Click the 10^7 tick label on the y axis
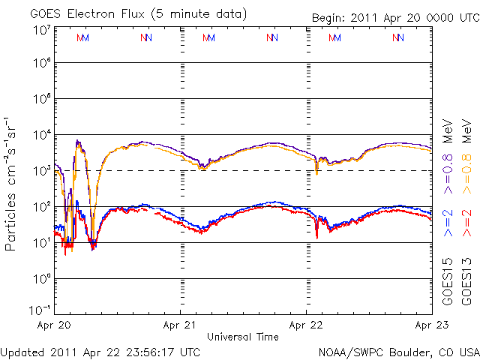42,29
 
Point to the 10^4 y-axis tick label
42,136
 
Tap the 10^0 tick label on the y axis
42,280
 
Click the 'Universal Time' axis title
242,337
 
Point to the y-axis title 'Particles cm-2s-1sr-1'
11,183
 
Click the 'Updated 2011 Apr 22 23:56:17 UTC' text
100,351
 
